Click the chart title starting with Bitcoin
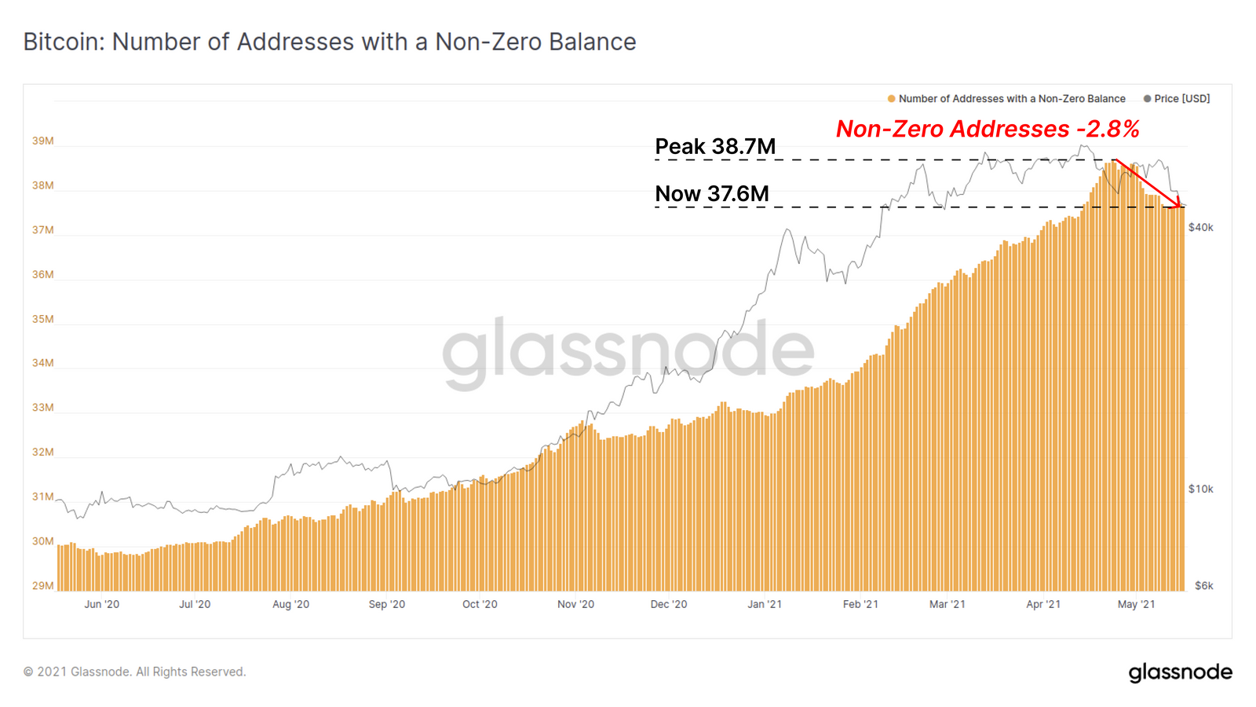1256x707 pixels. click(x=330, y=42)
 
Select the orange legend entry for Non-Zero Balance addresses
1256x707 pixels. click(x=1006, y=99)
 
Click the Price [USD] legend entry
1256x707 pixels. click(x=1177, y=99)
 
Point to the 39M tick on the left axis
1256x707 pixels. click(x=43, y=141)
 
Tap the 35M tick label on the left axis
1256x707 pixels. click(x=43, y=320)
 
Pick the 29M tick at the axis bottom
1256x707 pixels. click(x=43, y=586)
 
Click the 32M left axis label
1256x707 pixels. click(x=43, y=452)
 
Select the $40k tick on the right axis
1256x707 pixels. click(x=1200, y=228)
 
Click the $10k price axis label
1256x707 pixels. click(x=1200, y=489)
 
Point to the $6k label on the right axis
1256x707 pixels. click(x=1203, y=586)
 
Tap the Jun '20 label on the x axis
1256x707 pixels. click(x=102, y=605)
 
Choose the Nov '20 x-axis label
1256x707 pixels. click(x=575, y=605)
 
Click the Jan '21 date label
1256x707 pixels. click(x=765, y=605)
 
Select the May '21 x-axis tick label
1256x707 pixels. click(x=1136, y=605)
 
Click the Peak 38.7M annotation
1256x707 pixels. click(x=715, y=147)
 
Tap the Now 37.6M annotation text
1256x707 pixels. click(x=712, y=194)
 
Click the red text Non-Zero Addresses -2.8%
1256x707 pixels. click(x=988, y=129)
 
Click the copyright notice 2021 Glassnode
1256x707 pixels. click(x=134, y=672)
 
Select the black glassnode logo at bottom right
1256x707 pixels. click(x=1180, y=672)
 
